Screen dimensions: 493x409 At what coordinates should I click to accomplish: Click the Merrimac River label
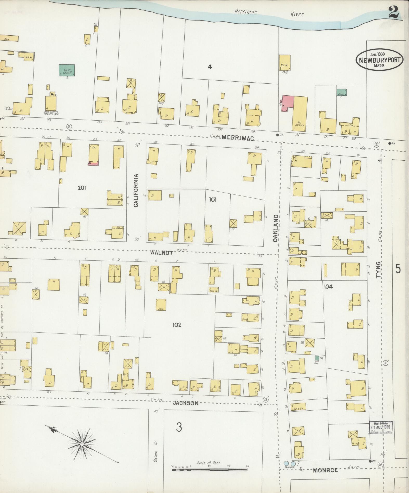[269, 13]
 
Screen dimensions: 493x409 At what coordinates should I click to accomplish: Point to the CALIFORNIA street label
[136, 190]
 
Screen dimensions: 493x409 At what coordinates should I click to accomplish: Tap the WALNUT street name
[161, 252]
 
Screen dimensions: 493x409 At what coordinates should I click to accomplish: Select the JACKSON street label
[186, 403]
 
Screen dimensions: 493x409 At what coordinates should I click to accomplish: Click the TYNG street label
[378, 270]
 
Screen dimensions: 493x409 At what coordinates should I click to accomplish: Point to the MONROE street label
[325, 470]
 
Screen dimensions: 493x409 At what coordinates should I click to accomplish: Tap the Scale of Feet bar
[209, 470]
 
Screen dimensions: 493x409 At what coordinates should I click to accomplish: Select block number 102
[177, 325]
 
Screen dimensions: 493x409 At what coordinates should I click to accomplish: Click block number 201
[82, 188]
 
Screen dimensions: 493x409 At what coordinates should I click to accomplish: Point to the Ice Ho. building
[285, 62]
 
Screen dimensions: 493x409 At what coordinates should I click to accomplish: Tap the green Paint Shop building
[317, 358]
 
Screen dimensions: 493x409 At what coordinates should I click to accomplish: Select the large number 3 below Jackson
[179, 427]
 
